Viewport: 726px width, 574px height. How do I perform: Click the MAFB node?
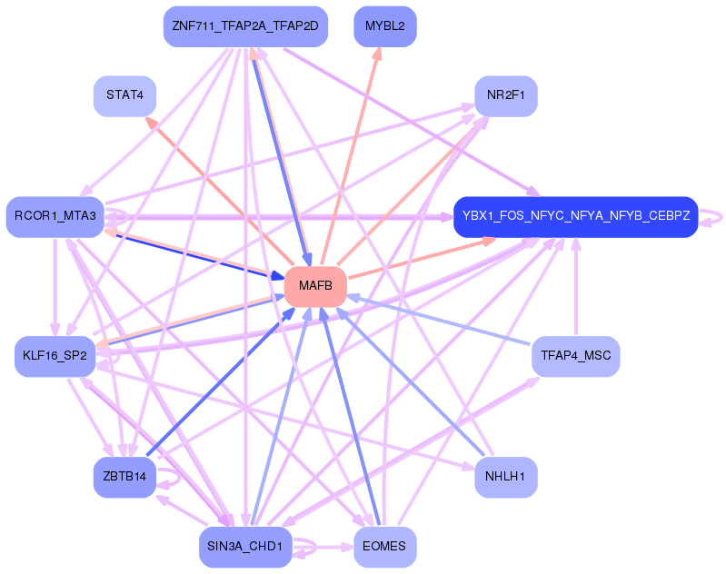pos(315,286)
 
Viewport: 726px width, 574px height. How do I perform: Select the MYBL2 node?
pos(384,26)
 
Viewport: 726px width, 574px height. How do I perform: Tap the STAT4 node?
pos(124,94)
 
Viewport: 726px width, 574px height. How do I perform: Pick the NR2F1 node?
pos(505,94)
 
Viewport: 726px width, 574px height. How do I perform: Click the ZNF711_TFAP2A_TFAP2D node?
pos(244,26)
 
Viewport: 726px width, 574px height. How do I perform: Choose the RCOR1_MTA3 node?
pos(55,216)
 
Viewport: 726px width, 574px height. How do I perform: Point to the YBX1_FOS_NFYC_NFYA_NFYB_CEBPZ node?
pos(575,216)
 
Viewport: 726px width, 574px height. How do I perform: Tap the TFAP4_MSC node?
pos(575,356)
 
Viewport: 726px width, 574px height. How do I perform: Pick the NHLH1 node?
pos(505,477)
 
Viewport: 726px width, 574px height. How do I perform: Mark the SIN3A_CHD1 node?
pos(244,546)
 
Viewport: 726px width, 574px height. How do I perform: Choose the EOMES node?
pos(384,546)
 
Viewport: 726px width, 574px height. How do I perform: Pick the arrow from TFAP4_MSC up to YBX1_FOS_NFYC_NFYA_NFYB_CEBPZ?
pos(575,286)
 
